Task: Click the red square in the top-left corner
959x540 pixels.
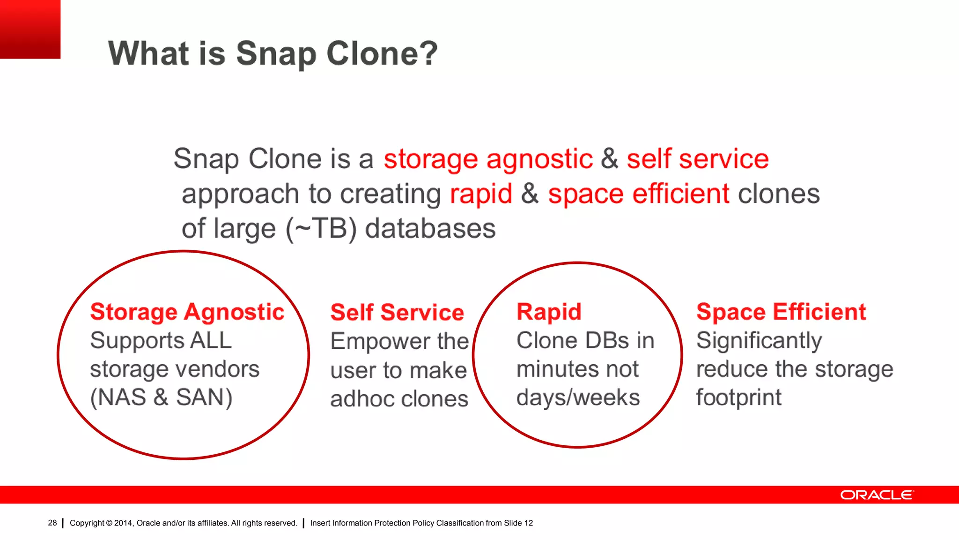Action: [x=30, y=29]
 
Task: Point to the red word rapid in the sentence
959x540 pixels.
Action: [x=481, y=194]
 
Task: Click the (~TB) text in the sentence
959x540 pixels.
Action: [x=321, y=229]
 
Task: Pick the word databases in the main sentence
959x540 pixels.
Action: [x=430, y=229]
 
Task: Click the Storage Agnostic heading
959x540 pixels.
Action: [x=187, y=312]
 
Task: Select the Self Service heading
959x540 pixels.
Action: [x=397, y=313]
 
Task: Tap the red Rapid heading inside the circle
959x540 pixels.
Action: [x=549, y=312]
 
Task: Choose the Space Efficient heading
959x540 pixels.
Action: [x=781, y=312]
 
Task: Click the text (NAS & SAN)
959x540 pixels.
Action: [x=161, y=397]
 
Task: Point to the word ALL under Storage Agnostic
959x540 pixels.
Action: [x=211, y=341]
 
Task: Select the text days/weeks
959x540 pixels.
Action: [x=578, y=398]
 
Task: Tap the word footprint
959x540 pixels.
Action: [x=738, y=398]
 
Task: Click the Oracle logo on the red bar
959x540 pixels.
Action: [x=877, y=495]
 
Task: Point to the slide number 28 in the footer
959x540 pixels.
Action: [x=52, y=523]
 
